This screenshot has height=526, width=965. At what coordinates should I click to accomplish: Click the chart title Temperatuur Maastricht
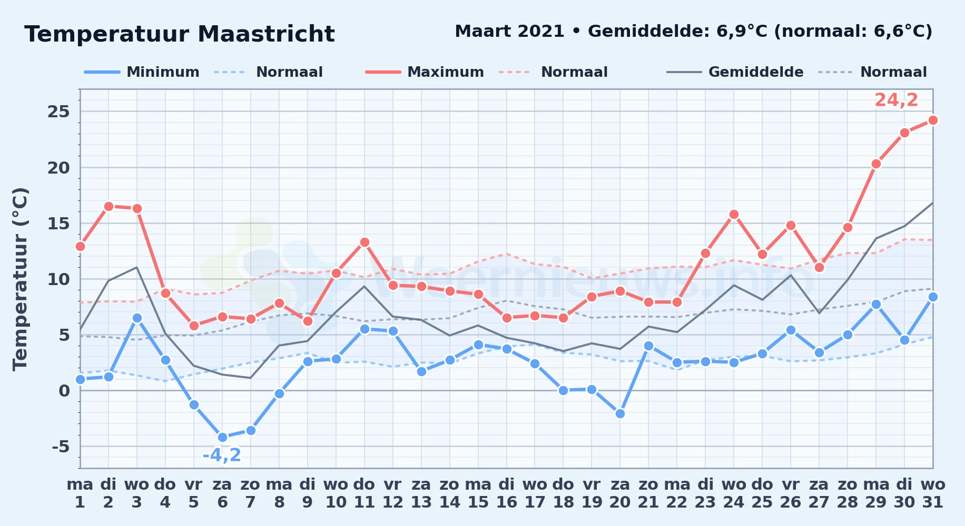(180, 34)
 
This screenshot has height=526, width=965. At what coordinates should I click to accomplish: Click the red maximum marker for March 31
(933, 120)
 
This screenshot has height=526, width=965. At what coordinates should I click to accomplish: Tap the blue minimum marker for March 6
(222, 437)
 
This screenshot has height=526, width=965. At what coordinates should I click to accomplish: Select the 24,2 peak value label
(896, 99)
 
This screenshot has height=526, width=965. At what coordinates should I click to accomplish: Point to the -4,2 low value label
(222, 455)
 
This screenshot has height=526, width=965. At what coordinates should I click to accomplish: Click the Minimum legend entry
(142, 72)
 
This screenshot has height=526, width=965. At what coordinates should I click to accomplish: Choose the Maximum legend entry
(425, 72)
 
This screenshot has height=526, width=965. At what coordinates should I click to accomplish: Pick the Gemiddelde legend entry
(735, 72)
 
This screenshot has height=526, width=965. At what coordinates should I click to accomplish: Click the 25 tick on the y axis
(58, 112)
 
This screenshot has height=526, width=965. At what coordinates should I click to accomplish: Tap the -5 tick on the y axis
(61, 447)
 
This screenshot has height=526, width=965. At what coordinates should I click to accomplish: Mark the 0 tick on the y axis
(64, 391)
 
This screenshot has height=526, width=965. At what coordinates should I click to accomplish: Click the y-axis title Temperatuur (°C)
(20, 279)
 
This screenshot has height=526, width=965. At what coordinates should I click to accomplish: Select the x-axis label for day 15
(478, 493)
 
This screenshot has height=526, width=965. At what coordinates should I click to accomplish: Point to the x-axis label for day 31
(933, 493)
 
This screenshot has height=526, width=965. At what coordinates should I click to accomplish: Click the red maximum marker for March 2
(109, 206)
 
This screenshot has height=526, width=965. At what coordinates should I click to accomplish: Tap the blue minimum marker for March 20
(620, 413)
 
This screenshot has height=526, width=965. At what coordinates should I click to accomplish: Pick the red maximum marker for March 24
(734, 214)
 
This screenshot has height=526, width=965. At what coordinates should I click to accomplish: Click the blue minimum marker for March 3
(137, 318)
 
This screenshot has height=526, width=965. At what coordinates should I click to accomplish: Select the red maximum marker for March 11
(365, 242)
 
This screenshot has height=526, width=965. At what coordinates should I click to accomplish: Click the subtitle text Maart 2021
(510, 31)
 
